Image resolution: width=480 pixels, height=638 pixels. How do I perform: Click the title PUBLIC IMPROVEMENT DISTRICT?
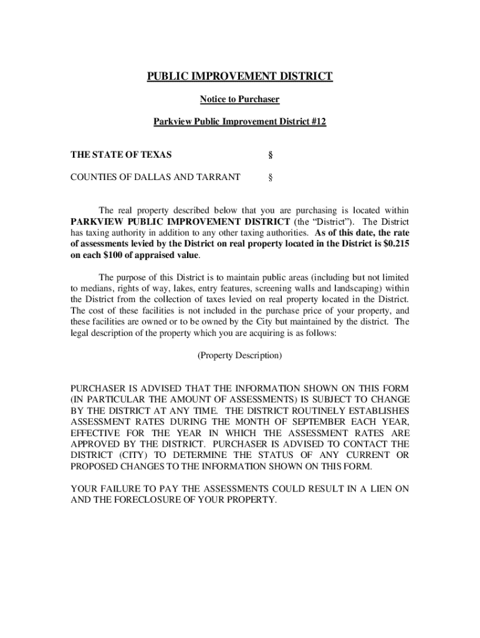pos(239,77)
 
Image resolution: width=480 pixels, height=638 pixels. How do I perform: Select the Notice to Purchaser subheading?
pos(239,99)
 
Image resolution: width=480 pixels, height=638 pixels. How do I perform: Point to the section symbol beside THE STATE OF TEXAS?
pos(270,155)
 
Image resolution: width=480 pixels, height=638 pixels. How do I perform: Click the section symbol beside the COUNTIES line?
pos(270,178)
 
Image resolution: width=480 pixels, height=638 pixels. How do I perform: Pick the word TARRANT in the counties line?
pos(216,178)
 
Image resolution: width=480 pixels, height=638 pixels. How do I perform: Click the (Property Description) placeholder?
pos(239,355)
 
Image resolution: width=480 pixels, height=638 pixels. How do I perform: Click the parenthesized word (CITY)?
pos(128,455)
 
